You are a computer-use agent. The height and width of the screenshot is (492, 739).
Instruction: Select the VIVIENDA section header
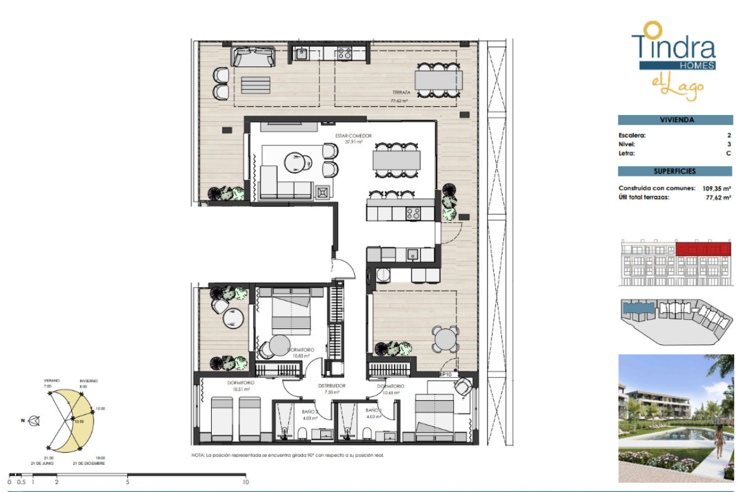(x=674, y=121)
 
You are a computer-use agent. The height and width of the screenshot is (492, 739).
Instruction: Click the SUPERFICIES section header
(x=674, y=172)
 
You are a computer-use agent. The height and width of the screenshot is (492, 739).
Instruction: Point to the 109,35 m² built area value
(x=716, y=189)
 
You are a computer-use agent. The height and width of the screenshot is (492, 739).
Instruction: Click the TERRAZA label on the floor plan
(x=401, y=93)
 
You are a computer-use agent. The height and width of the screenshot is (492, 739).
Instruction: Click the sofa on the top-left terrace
(x=252, y=57)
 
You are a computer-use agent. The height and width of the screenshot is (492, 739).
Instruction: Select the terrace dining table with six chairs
(x=438, y=80)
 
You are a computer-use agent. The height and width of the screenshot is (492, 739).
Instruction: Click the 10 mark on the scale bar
(x=246, y=482)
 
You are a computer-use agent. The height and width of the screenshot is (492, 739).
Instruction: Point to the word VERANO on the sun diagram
(x=52, y=381)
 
